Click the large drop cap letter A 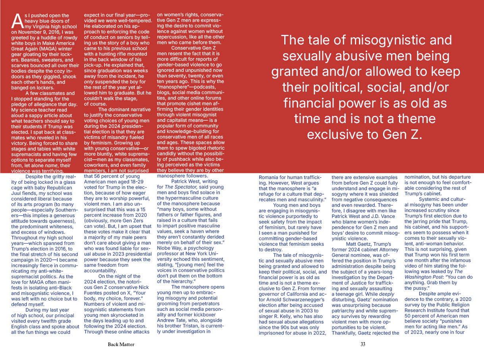coord(17,20)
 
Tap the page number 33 coord(363,345)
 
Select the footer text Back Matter coord(121,345)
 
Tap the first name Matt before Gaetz coord(353,244)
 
